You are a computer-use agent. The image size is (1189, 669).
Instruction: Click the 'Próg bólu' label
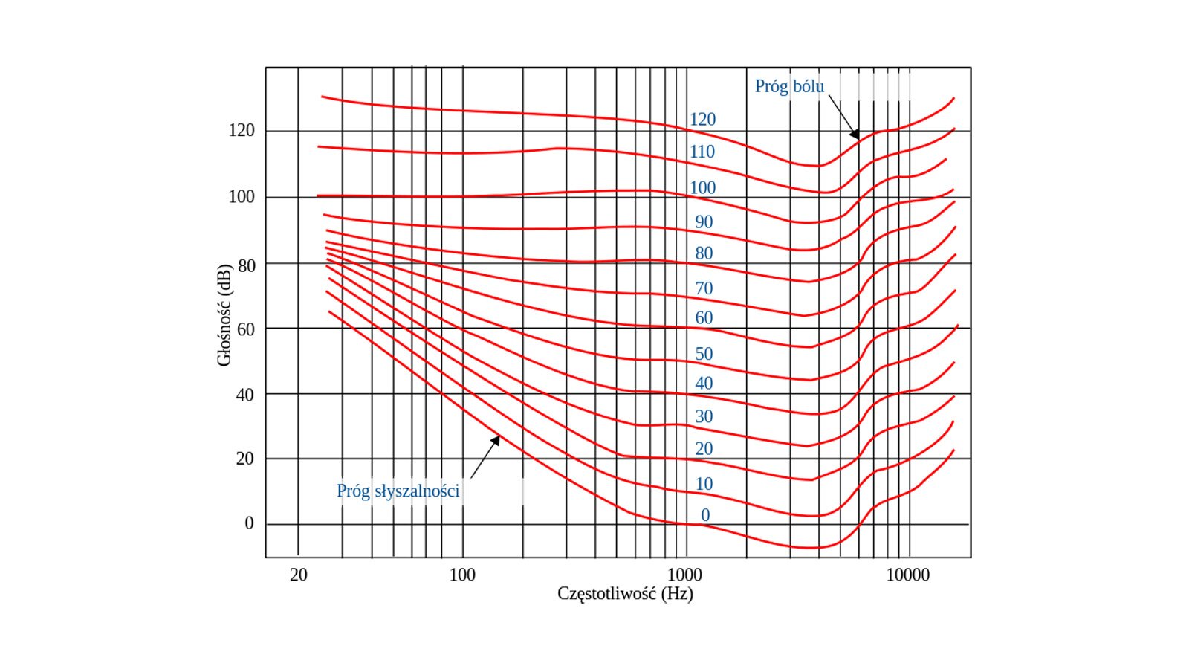coord(789,86)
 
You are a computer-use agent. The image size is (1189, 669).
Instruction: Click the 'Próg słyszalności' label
coord(398,491)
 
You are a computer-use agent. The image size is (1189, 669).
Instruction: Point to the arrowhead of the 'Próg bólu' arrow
coord(856,136)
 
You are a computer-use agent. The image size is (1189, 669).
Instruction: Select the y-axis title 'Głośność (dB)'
coord(224,315)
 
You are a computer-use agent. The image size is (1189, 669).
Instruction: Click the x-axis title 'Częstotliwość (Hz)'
coord(625,593)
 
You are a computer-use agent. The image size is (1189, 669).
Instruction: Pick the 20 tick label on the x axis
coord(298,575)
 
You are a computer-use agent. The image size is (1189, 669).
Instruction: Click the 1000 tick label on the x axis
coord(684,575)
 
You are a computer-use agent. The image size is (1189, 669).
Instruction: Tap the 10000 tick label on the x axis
coord(907,575)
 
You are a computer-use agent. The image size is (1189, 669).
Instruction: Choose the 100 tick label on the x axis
coord(462,575)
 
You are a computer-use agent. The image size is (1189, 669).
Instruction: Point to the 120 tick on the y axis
coord(242,131)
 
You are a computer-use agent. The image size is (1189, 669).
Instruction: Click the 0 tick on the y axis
coord(249,523)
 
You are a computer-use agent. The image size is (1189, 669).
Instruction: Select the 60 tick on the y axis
coord(245,329)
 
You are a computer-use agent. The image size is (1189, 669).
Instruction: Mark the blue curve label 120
coord(702,119)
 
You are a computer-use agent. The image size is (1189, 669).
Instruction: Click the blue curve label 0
coord(705,515)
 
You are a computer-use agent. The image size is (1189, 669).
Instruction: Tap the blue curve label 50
coord(704,354)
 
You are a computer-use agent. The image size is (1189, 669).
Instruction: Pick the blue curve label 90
coord(704,222)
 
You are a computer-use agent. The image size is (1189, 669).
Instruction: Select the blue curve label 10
coord(704,484)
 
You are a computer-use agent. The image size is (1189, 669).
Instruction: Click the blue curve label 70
coord(704,288)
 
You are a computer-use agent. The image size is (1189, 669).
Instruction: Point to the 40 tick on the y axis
coord(245,395)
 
